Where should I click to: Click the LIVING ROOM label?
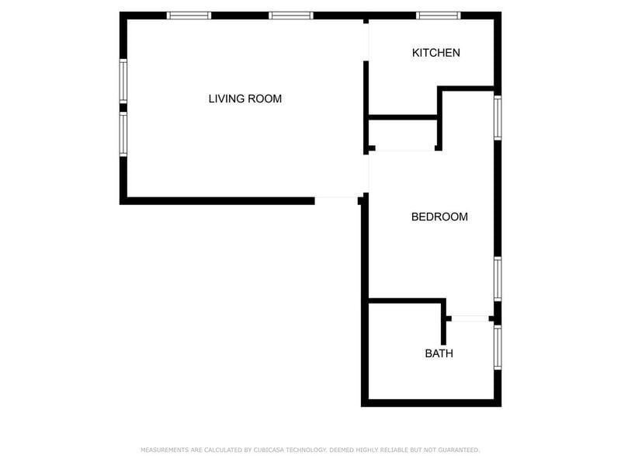pos(245,99)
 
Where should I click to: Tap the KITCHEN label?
pos(436,53)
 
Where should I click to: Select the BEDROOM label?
pos(439,217)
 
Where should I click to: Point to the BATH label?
pos(439,353)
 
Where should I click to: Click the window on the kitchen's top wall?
pos(438,16)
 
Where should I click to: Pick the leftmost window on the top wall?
pos(189,16)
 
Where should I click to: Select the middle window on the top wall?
pos(291,16)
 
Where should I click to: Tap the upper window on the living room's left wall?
pos(123,82)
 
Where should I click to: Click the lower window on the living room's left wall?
pos(123,134)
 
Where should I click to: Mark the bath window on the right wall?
pos(498,347)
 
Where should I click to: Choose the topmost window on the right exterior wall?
pos(498,118)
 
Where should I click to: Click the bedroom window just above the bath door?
pos(498,279)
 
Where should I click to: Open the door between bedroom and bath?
pos(470,318)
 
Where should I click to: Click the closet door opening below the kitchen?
pos(404,148)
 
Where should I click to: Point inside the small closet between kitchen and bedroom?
pos(403,133)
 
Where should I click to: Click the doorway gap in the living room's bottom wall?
pos(336,200)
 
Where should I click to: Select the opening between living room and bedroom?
pos(366,173)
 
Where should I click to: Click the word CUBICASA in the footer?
pos(269,450)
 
